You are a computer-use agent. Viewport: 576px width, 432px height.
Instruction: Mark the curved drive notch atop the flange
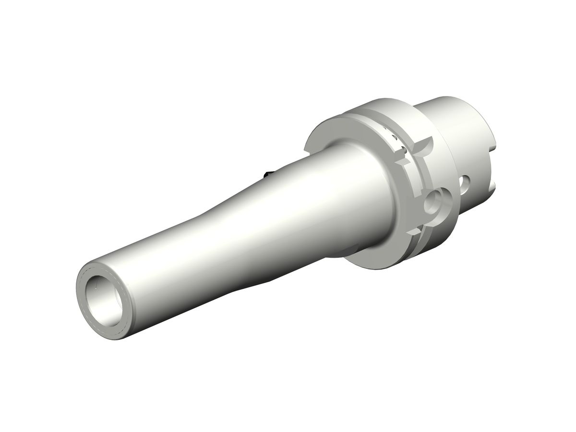424,145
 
